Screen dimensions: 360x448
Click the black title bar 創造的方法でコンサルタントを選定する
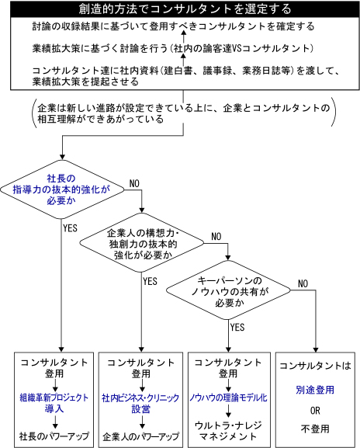coord(185,9)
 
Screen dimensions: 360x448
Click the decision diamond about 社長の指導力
coord(62,189)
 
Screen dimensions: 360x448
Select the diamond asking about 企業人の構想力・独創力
coord(142,243)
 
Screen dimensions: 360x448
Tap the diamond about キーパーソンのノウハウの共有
coord(228,290)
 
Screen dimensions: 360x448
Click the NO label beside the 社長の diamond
coord(134,183)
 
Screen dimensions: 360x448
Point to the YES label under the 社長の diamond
coord(71,228)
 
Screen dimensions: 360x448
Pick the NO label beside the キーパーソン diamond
coord(303,283)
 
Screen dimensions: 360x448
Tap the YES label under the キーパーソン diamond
coord(237,327)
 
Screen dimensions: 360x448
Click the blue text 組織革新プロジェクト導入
coord(54,403)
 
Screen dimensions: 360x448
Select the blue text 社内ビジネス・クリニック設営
coord(140,403)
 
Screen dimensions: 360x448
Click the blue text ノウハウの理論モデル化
coord(228,398)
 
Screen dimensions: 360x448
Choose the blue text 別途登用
coord(315,390)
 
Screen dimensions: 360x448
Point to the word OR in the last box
coord(315,411)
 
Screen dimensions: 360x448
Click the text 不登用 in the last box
coord(315,429)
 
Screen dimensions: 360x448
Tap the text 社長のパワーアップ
coord(54,436)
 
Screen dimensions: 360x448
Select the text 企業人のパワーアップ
coord(140,436)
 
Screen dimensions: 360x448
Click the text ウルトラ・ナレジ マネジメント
coord(228,431)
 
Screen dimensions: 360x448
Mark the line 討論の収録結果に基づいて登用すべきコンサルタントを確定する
coord(173,26)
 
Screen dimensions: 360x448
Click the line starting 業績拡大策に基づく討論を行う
coord(173,48)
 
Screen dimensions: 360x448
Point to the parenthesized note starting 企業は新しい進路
coord(184,113)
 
